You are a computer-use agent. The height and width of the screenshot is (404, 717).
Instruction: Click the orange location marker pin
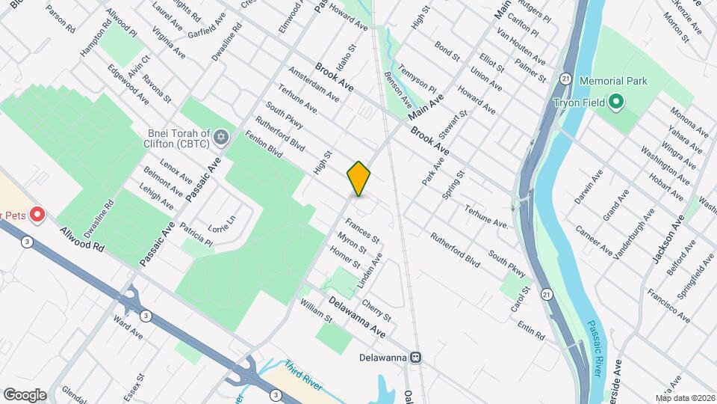click(359, 179)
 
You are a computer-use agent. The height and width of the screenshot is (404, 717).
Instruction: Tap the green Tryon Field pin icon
click(615, 102)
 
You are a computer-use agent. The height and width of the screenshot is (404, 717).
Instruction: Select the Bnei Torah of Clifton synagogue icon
click(220, 138)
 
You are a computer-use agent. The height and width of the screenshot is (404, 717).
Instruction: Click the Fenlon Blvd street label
click(264, 144)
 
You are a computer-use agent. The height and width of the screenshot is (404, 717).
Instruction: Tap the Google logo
click(24, 394)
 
